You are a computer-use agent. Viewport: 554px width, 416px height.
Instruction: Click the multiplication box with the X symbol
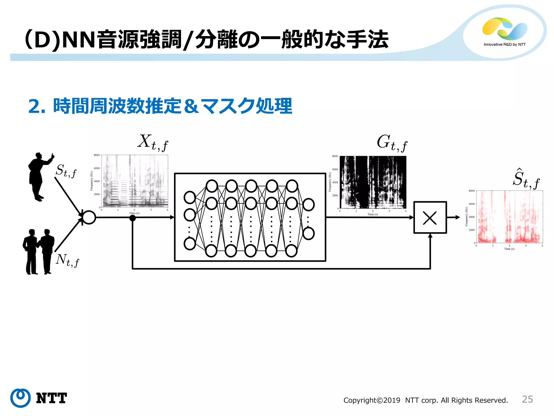pyautogui.click(x=430, y=217)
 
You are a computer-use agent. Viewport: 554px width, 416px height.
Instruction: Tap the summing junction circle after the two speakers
pyautogui.click(x=89, y=217)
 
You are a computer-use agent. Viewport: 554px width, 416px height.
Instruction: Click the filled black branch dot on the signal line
pyautogui.click(x=133, y=218)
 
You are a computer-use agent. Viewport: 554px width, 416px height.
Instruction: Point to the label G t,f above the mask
pyautogui.click(x=392, y=143)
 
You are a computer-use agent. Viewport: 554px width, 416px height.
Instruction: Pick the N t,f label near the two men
pyautogui.click(x=67, y=260)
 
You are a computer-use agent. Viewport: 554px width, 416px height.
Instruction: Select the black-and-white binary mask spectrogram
pyautogui.click(x=373, y=182)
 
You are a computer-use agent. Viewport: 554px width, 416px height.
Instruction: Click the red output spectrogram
pyautogui.click(x=509, y=217)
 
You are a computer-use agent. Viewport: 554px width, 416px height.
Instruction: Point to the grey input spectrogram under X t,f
pyautogui.click(x=134, y=181)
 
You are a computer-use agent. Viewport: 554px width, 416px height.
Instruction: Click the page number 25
pyautogui.click(x=527, y=399)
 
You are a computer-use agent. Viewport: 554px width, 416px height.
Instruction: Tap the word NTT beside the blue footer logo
pyautogui.click(x=51, y=398)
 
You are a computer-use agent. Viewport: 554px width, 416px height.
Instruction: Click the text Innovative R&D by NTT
pyautogui.click(x=504, y=44)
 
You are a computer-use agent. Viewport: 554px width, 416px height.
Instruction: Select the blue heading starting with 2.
pyautogui.click(x=160, y=106)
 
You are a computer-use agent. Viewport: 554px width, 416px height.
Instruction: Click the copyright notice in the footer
pyautogui.click(x=426, y=400)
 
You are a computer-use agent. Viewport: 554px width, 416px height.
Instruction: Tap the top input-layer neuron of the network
pyautogui.click(x=190, y=197)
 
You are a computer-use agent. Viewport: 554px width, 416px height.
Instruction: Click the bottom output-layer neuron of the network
pyautogui.click(x=308, y=233)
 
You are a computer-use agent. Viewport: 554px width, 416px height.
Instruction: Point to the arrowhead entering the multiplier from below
pyautogui.click(x=430, y=236)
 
